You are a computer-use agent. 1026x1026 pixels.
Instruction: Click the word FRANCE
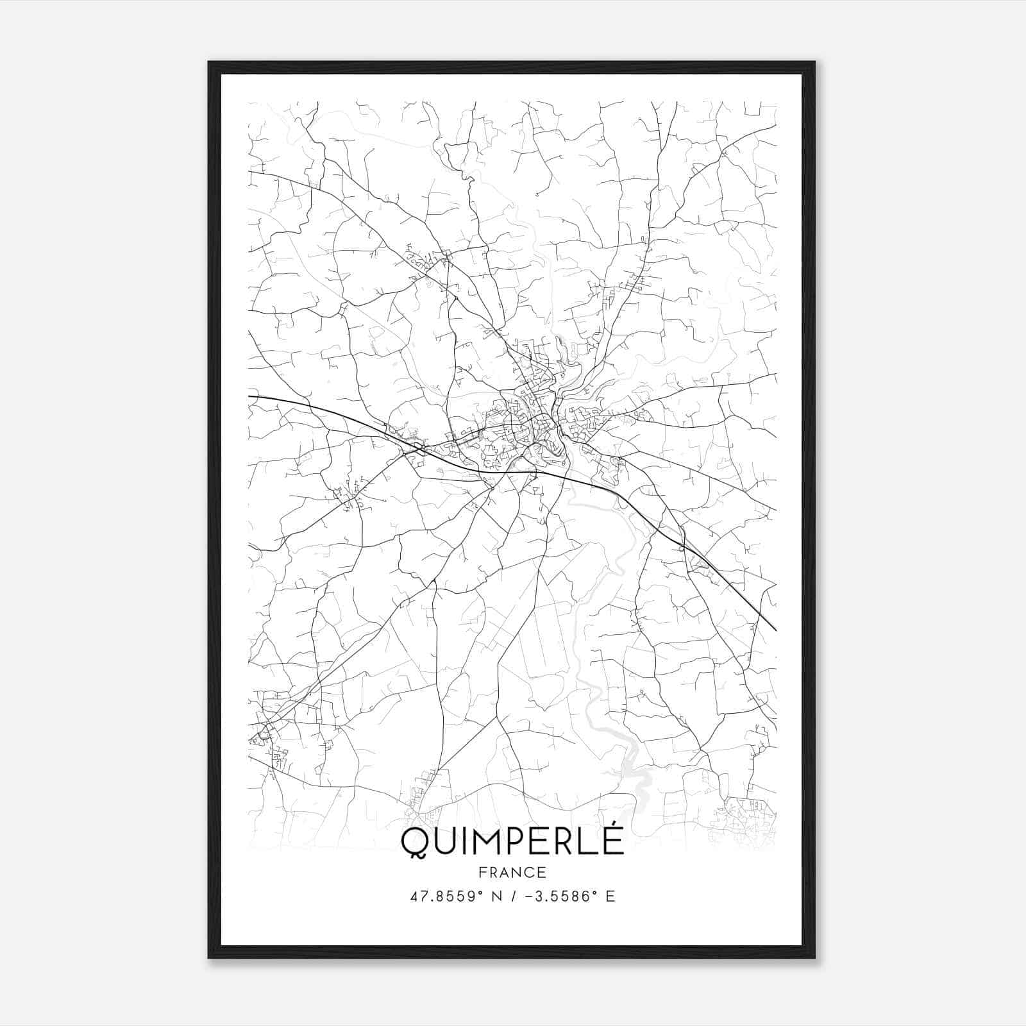(512, 872)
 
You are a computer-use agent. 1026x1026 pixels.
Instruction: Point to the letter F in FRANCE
(483, 872)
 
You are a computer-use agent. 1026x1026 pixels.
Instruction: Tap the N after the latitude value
(495, 896)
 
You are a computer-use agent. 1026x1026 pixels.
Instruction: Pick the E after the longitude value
(610, 896)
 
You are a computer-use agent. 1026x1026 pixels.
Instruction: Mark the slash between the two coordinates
(512, 896)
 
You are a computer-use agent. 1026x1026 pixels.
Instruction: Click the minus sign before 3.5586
(530, 896)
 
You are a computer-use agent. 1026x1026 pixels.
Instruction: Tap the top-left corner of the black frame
(209, 63)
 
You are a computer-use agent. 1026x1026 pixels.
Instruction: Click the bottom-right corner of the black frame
(814, 957)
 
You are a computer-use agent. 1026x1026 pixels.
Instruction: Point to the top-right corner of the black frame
(814, 63)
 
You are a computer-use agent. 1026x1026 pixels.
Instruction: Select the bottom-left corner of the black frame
(209, 957)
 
